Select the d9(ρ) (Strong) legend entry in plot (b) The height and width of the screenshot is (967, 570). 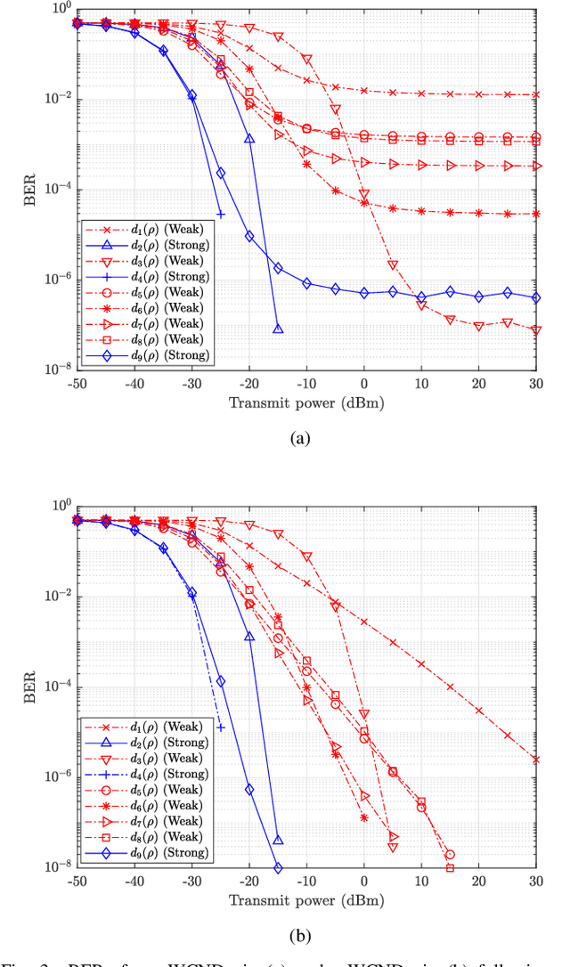click(x=146, y=852)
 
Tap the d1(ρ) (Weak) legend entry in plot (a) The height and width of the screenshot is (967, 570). click(x=146, y=228)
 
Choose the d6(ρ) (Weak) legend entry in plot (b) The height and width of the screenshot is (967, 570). click(x=146, y=805)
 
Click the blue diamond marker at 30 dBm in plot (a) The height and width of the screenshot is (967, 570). click(x=535, y=298)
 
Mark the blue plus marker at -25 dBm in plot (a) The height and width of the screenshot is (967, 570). click(x=221, y=215)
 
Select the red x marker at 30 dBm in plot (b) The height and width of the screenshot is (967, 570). click(x=535, y=760)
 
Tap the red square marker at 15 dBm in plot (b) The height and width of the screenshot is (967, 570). click(x=450, y=868)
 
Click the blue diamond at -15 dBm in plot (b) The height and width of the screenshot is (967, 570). click(x=278, y=868)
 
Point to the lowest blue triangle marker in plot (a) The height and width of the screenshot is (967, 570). click(x=278, y=329)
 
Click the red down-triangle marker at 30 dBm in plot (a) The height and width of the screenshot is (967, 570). click(x=535, y=330)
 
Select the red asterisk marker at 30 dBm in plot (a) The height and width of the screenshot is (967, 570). click(x=535, y=214)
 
